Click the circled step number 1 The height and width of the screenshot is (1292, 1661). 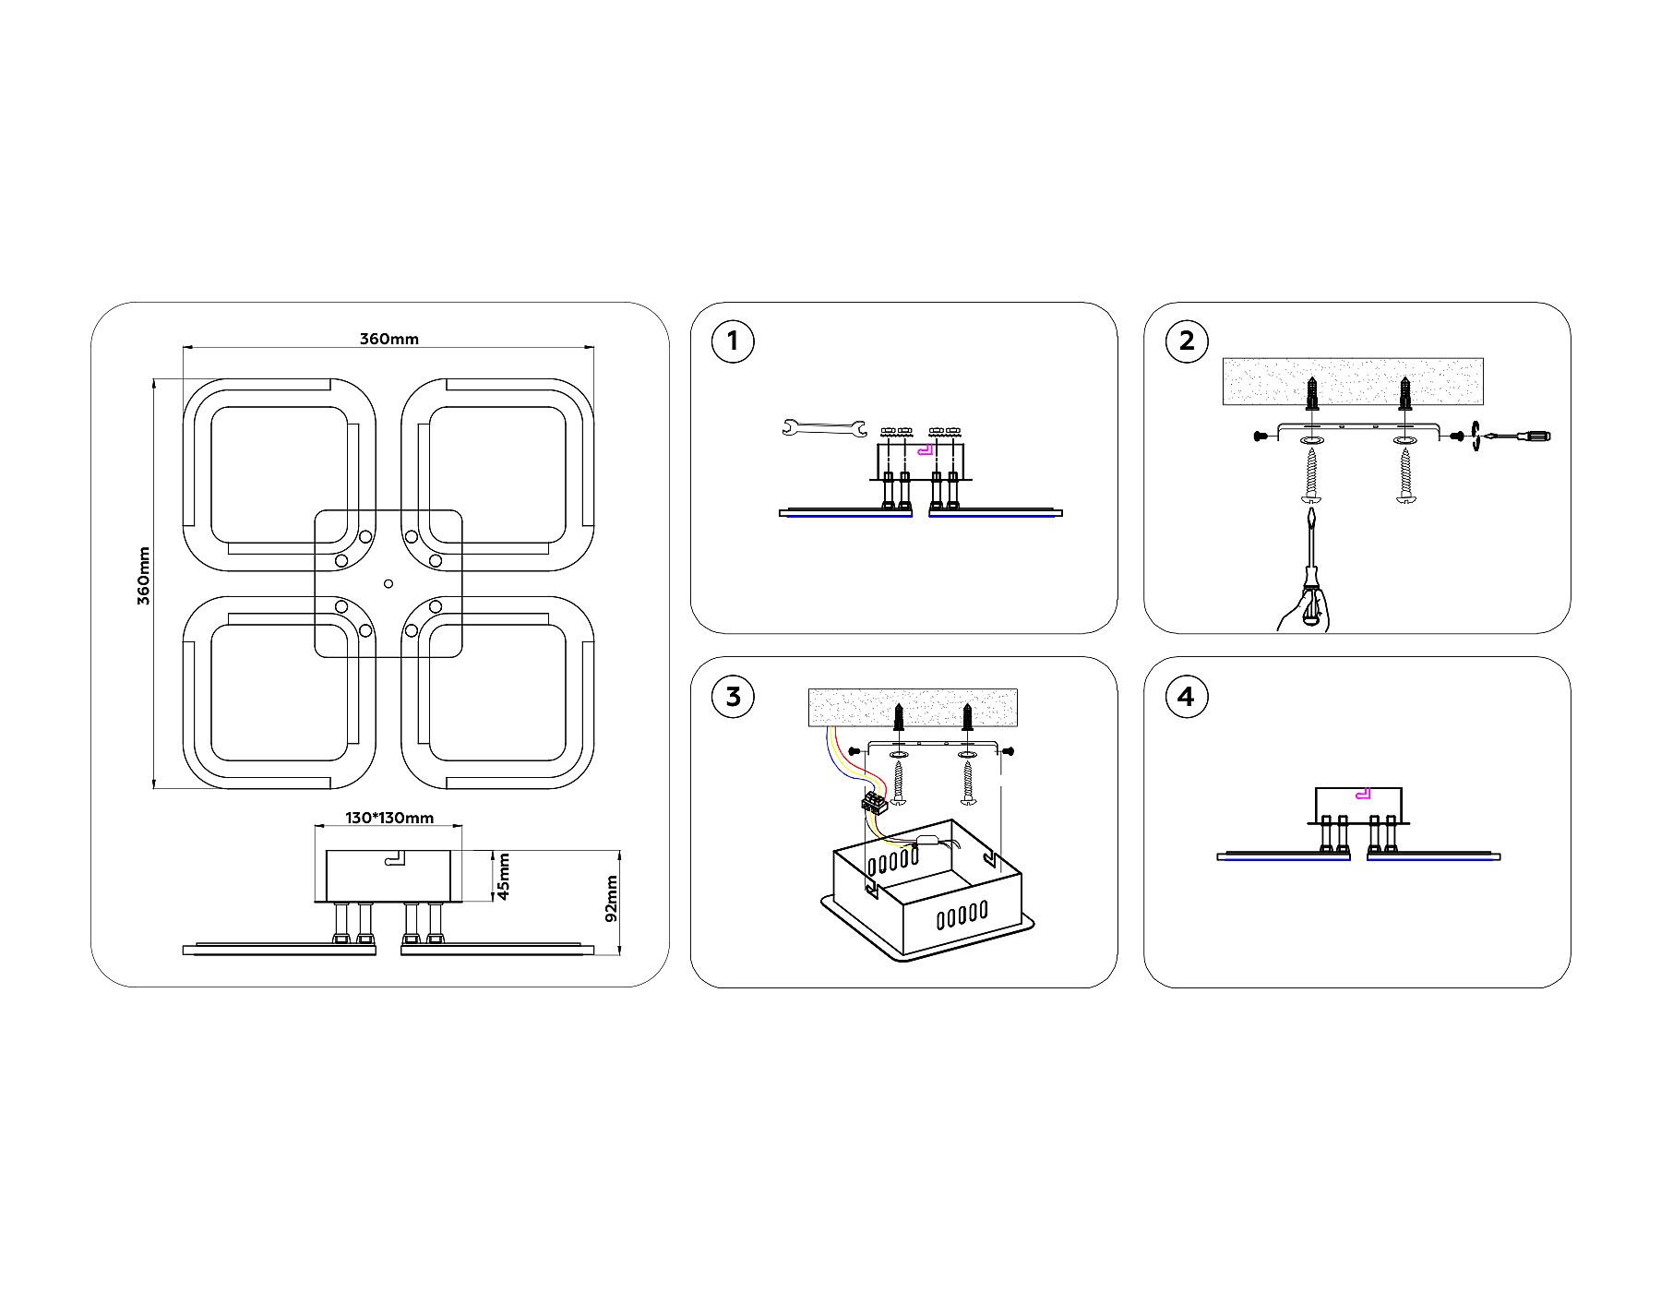[x=733, y=341]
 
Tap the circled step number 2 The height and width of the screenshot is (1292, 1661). [x=1187, y=341]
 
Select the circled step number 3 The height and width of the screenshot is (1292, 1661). [x=733, y=696]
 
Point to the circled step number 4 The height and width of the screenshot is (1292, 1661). [x=1187, y=696]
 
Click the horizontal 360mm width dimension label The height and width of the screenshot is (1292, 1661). [x=388, y=339]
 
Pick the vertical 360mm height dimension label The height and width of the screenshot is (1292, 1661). [x=143, y=576]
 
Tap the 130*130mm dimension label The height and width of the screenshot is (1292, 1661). [x=389, y=818]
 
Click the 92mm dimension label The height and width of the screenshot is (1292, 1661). [x=610, y=900]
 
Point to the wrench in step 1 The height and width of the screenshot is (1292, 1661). [x=823, y=427]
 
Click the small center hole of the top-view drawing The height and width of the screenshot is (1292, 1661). [x=388, y=583]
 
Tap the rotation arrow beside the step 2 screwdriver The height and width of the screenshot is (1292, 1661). [x=1477, y=436]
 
